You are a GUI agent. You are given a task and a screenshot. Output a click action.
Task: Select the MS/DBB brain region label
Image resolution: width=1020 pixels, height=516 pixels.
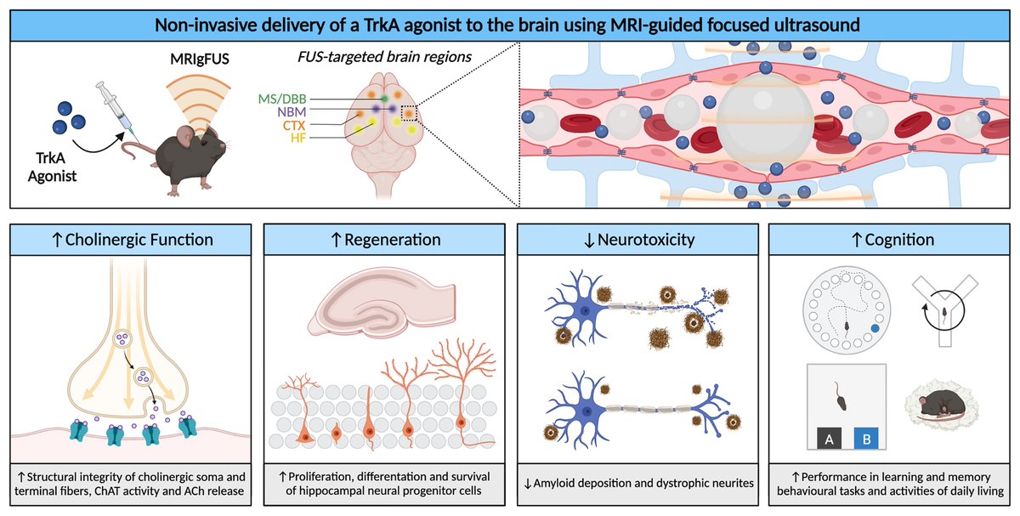[x=283, y=100]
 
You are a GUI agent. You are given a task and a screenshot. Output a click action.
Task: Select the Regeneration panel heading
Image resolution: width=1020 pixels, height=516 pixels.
[x=383, y=240]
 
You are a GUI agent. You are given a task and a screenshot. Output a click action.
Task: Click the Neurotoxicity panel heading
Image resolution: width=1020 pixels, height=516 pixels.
[x=637, y=240]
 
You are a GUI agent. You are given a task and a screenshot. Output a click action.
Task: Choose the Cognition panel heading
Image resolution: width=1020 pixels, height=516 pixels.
[x=890, y=240]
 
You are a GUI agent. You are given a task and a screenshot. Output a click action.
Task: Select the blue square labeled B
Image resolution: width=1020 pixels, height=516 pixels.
[x=864, y=438]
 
